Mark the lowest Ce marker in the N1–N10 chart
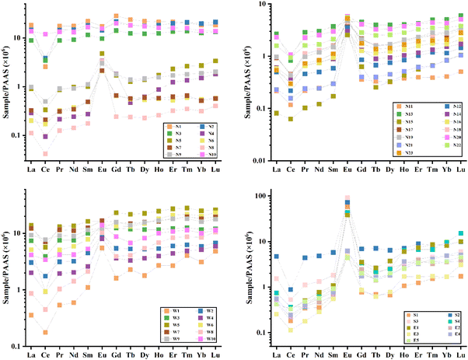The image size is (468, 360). pos(45,154)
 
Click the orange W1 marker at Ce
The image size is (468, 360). pos(45,332)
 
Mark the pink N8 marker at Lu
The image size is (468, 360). pos(215,106)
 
